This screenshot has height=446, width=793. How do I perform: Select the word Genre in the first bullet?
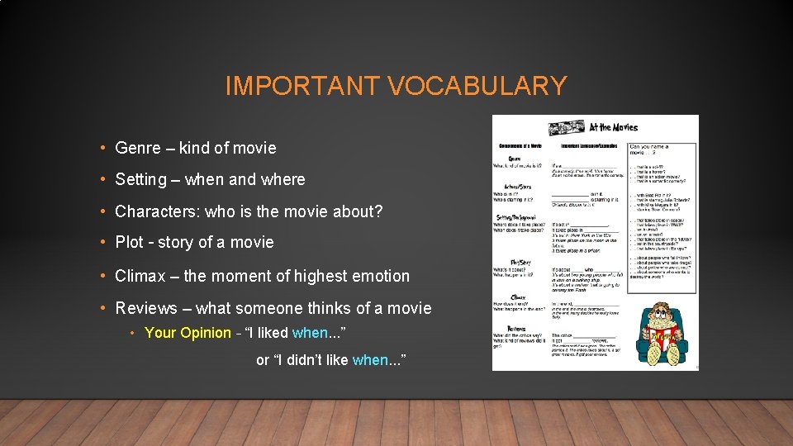click(138, 149)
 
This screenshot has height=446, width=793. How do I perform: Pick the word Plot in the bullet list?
click(129, 243)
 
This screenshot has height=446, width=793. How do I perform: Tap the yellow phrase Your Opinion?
click(188, 333)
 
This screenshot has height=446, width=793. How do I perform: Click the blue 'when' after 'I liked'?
click(310, 333)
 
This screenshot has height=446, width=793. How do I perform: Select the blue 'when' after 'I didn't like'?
click(369, 360)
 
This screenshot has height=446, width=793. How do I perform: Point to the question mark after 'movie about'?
click(378, 211)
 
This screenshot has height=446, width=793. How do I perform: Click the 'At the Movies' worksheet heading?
click(613, 127)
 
